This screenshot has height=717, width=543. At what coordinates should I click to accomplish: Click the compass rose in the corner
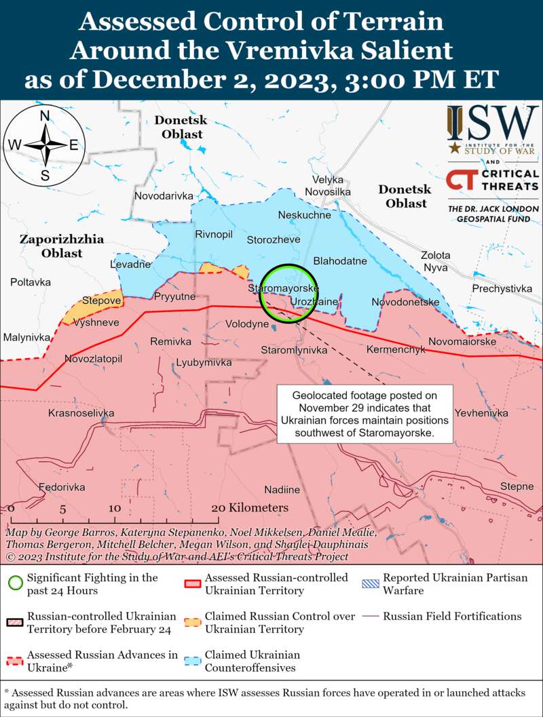[44, 144]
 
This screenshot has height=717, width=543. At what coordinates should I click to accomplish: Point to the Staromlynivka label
[294, 350]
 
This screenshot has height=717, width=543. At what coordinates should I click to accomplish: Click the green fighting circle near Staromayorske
[289, 292]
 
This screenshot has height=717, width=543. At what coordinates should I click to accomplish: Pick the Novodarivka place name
[164, 195]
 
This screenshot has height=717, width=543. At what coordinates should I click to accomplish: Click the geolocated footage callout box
[365, 415]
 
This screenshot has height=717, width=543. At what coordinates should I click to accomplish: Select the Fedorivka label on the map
[62, 487]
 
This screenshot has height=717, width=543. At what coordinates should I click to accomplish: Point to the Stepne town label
[517, 486]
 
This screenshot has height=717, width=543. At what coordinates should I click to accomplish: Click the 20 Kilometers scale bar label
[250, 507]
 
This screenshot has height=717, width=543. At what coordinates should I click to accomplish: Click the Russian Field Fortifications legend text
[452, 617]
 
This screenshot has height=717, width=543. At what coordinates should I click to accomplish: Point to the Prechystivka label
[502, 289]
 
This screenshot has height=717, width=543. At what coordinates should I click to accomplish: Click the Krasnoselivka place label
[81, 412]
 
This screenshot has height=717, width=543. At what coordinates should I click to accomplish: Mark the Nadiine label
[282, 489]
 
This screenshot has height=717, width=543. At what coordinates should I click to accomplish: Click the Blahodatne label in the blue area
[340, 260]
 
